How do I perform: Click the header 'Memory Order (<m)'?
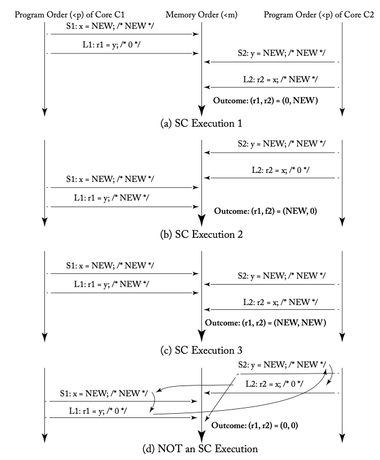tap(201, 14)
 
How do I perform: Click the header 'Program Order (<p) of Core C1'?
tap(70, 14)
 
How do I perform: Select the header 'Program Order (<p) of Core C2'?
tap(319, 14)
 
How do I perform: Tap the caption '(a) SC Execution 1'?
tap(201, 123)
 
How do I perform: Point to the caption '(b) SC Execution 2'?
tap(201, 234)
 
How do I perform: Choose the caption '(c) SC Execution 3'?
tap(201, 350)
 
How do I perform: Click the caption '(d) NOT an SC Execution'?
tap(200, 449)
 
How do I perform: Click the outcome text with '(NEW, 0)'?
tap(266, 211)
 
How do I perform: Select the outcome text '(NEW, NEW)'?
tap(266, 322)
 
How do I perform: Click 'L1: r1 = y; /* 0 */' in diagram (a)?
tap(111, 44)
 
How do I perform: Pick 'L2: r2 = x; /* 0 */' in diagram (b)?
tap(281, 170)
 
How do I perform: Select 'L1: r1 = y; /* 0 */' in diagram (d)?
tap(98, 411)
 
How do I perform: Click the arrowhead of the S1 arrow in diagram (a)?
tap(195, 34)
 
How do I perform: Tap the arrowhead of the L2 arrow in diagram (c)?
tap(207, 309)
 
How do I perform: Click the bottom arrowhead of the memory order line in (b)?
tap(201, 220)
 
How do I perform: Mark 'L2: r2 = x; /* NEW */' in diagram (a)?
tap(281, 79)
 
